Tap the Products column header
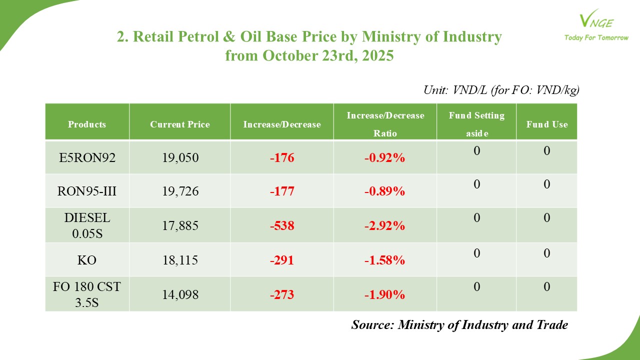(87, 124)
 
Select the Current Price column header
(180, 124)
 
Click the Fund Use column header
(546, 124)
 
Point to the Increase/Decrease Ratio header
(385, 124)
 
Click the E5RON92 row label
(87, 158)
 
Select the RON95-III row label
(87, 191)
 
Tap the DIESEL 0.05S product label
(87, 225)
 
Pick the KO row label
(87, 260)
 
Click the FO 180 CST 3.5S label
(87, 294)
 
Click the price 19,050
(180, 158)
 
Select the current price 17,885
(180, 226)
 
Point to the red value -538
(282, 226)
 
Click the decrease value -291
(282, 260)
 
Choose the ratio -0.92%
(384, 158)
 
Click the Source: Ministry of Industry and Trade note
(459, 324)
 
